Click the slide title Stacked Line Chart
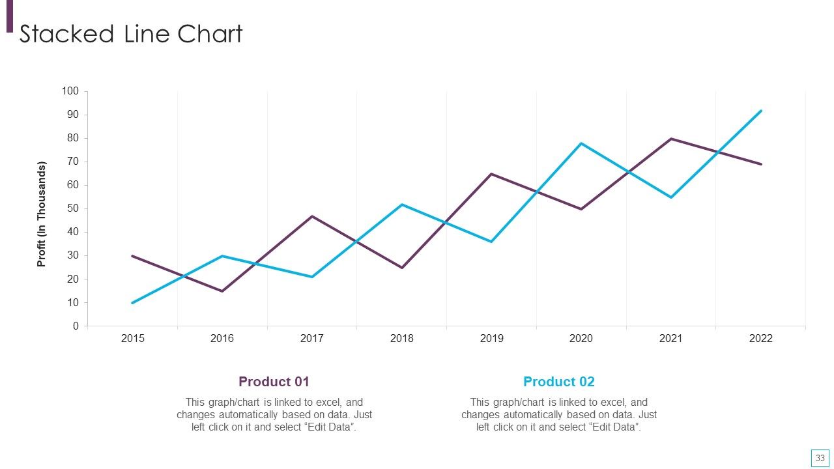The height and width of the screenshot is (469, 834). tap(131, 34)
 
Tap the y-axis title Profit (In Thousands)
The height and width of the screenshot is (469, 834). tap(41, 214)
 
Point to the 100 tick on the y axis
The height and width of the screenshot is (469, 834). tap(70, 91)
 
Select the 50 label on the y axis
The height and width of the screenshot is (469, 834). tap(72, 208)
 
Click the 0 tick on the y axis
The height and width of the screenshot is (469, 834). tap(76, 326)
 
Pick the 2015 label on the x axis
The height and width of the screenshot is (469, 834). tap(132, 338)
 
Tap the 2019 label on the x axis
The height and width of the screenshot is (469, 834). tap(491, 338)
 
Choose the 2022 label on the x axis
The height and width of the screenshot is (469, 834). tap(760, 338)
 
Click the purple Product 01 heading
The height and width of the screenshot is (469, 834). tap(274, 382)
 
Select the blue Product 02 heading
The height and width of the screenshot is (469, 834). tap(559, 382)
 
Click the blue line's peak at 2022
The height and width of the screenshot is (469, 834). tap(760, 111)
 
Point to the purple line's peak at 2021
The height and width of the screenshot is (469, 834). tap(671, 139)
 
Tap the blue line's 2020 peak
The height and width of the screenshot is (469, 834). tap(581, 143)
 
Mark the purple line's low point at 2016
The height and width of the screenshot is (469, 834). tap(222, 291)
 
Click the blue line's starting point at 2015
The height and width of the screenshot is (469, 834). tap(132, 303)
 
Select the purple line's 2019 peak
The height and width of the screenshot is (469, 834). tap(491, 174)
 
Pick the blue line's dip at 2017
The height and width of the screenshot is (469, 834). tap(312, 277)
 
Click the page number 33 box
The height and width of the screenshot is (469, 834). tap(820, 458)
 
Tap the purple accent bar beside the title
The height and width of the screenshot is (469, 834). tap(10, 16)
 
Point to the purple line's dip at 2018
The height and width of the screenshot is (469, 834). tap(402, 268)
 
